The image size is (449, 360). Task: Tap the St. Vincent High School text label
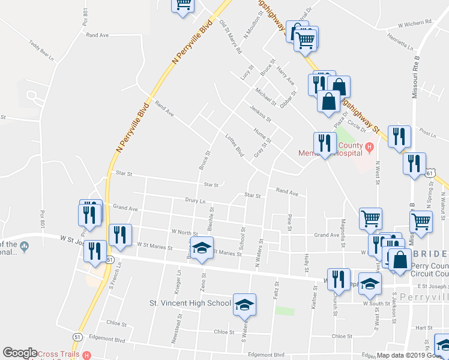190,303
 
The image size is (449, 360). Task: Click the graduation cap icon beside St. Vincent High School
244,305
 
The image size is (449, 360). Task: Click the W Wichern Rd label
415,24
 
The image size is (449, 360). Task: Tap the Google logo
20,353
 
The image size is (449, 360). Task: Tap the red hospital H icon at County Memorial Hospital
370,146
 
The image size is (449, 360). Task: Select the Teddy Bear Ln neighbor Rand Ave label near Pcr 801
97,35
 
